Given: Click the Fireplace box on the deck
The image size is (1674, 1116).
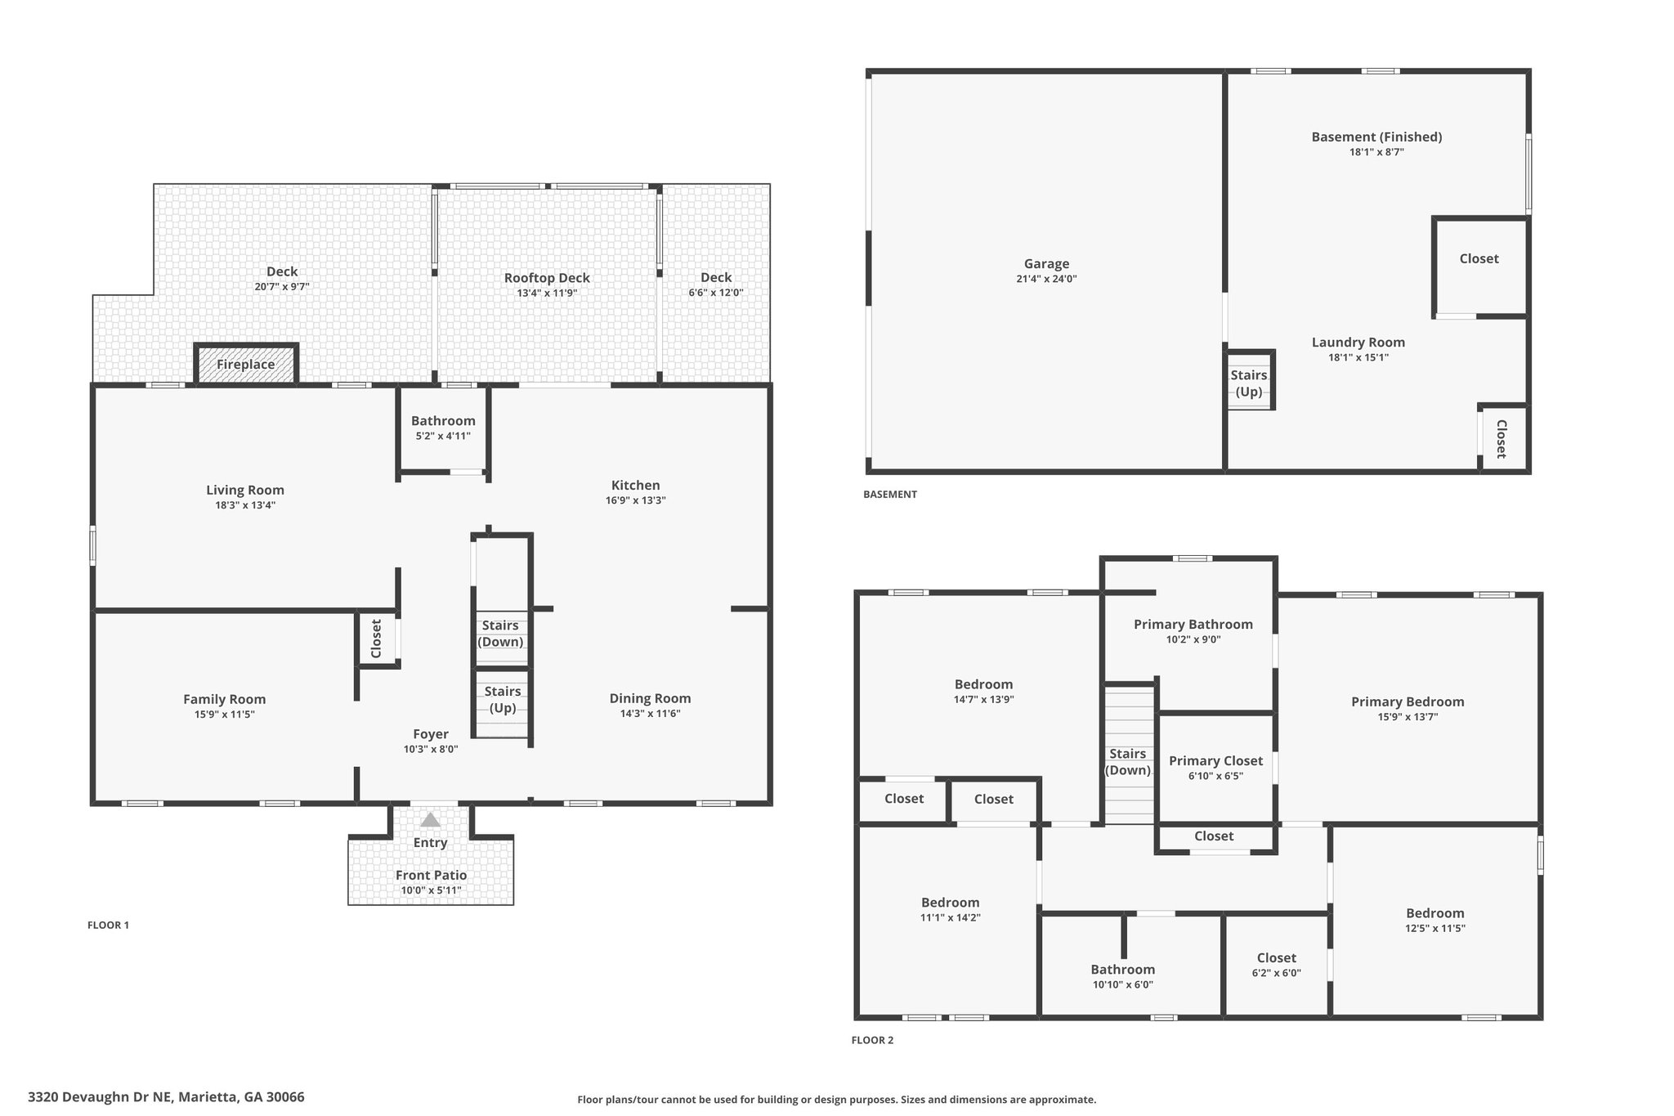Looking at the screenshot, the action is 246,364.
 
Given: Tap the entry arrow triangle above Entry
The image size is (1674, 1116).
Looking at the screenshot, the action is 430,820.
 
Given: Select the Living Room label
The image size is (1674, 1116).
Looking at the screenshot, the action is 245,491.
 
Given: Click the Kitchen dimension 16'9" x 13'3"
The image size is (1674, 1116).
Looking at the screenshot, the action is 636,501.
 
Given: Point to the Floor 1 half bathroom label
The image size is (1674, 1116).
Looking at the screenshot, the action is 443,421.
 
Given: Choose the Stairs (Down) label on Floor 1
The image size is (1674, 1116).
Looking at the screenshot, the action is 500,634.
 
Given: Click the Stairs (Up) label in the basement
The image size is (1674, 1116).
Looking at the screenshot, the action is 1249,383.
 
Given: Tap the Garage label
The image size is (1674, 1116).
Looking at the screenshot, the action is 1047,264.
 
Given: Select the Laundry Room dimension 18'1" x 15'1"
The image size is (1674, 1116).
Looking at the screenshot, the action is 1358,357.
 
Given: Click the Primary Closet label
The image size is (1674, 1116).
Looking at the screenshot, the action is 1215,761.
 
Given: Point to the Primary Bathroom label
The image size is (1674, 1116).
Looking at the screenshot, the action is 1193,625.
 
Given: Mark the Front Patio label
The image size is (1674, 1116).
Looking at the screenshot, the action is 432,876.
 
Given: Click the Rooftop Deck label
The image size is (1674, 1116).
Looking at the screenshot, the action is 547,279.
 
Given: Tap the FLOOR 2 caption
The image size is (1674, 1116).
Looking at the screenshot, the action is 873,1041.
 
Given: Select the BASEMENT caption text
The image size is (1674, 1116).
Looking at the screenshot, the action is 890,495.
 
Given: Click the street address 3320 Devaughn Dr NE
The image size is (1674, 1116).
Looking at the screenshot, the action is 101,1097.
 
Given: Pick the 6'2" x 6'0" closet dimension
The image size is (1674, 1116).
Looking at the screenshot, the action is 1277,973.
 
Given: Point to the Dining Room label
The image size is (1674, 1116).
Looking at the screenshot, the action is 651,699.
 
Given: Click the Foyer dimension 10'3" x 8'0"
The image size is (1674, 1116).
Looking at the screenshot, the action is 431,749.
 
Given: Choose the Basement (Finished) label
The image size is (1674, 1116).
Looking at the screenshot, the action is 1377,137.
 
